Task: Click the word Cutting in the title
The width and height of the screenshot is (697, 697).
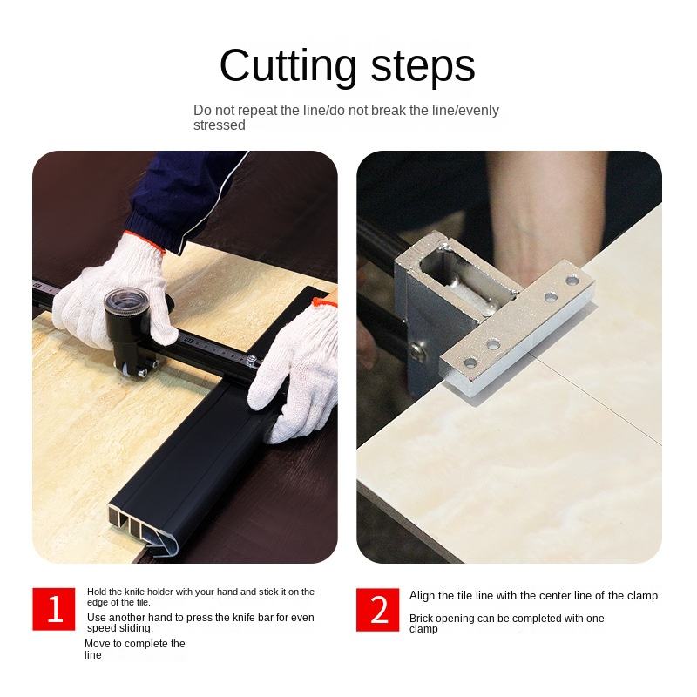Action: tap(288, 67)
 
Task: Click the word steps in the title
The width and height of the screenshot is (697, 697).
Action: tap(423, 67)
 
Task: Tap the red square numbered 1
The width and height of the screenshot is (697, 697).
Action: tap(54, 609)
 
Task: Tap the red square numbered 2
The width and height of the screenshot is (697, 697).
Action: tap(377, 609)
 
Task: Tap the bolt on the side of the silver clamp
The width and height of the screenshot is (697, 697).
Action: tap(417, 351)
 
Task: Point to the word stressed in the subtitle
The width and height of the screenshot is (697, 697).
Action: tap(220, 125)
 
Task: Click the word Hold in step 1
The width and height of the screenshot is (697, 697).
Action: tap(98, 592)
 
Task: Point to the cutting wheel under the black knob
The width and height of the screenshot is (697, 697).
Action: tap(126, 369)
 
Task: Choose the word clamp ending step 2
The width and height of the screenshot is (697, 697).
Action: tap(423, 629)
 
